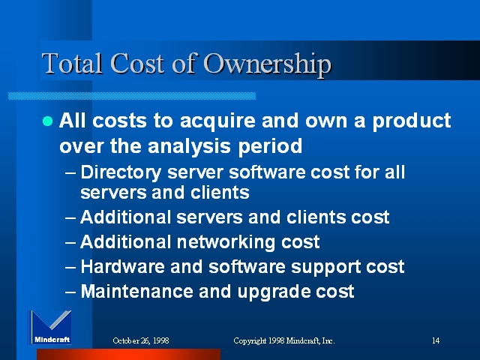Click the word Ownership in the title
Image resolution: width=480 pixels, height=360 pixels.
[267, 64]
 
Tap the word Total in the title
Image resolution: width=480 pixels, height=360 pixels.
[72, 63]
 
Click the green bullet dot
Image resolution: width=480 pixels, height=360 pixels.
[48, 121]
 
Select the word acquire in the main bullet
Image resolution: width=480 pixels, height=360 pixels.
[217, 121]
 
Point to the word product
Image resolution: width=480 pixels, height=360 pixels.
[412, 121]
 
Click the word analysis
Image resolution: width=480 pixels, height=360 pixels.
[189, 146]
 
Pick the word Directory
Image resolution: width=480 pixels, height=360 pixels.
[121, 173]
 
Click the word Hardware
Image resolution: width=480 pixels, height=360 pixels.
[122, 266]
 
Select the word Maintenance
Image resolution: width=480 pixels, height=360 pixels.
[136, 291]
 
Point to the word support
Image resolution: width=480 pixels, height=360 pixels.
[325, 268]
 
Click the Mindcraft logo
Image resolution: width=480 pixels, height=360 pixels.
[50, 327]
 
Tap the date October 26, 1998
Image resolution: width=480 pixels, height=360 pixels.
[141, 340]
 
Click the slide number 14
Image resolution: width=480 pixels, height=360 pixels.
[436, 340]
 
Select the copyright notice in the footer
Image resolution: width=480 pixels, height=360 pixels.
[284, 340]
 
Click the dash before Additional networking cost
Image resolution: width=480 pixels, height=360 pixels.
[70, 243]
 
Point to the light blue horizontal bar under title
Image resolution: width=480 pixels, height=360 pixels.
[132, 96]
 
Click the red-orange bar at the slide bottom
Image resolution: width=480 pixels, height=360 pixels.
[128, 355]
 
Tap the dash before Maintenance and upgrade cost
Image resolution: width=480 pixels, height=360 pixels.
[70, 292]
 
